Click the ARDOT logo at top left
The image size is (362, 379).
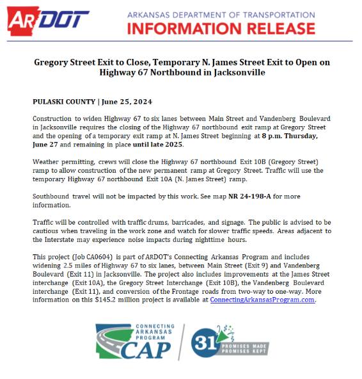click(49, 20)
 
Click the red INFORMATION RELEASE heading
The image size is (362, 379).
click(240, 27)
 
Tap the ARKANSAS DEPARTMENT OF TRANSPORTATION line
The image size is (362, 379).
click(240, 13)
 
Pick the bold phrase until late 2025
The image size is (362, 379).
click(157, 144)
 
